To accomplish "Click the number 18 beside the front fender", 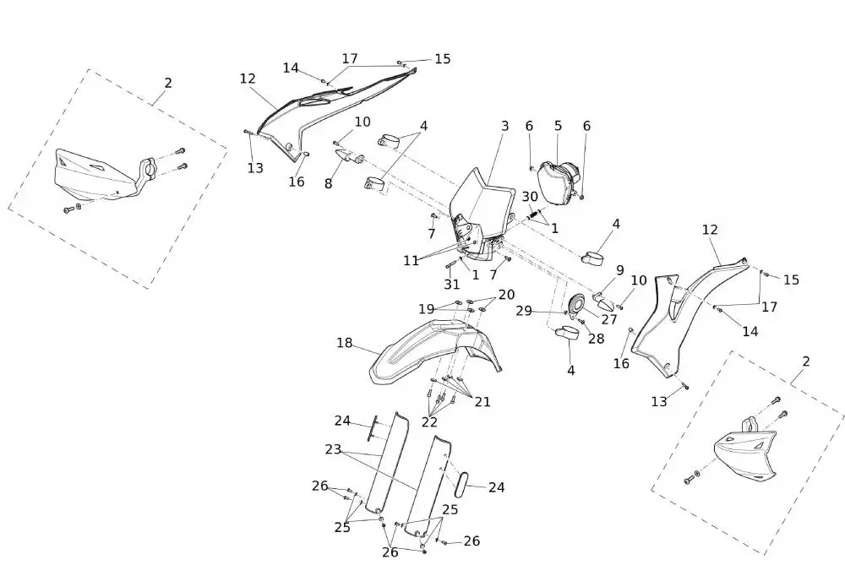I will click(344, 343).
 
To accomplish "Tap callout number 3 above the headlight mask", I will click(504, 127).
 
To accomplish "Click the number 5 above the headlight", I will click(558, 127).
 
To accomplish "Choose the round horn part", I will click(579, 304).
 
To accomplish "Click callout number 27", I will click(609, 319).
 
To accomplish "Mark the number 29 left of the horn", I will click(524, 311).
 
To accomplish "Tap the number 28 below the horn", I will click(596, 339).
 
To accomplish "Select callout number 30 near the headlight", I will click(530, 197).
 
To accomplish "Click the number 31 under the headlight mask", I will click(452, 285).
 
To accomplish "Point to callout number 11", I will click(411, 261).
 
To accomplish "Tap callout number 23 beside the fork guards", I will click(333, 449).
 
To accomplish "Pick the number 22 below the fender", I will click(430, 421).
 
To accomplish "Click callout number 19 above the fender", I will click(426, 308).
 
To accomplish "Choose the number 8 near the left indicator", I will click(329, 183).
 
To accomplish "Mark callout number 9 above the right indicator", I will click(620, 271).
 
